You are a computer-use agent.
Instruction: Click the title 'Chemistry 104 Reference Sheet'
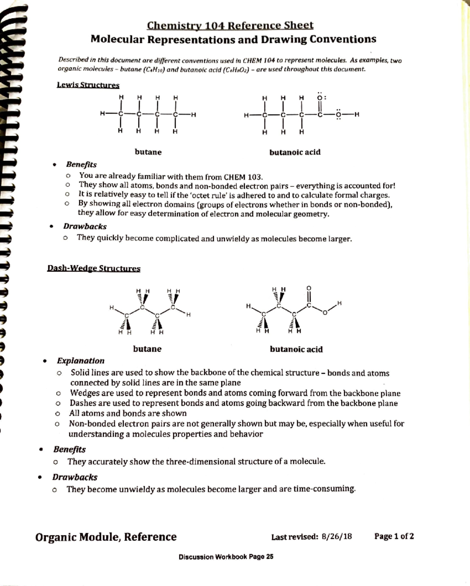230,26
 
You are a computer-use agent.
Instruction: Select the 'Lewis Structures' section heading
88,85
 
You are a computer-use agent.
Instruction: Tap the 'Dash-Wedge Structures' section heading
94,268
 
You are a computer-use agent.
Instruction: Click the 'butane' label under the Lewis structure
148,152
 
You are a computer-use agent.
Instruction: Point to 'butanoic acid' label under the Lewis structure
295,152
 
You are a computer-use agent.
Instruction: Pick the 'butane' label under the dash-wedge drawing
147,349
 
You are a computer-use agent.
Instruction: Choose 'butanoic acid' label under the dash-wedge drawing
296,349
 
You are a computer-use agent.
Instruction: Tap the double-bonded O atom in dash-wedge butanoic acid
309,288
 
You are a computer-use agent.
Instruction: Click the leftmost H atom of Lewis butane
102,114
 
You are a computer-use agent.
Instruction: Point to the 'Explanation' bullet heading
81,361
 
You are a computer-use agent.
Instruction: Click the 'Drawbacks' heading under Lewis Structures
85,226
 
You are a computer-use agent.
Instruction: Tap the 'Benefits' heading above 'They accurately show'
69,449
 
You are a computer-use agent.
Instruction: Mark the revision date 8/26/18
336,536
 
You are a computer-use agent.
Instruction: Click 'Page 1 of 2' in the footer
394,536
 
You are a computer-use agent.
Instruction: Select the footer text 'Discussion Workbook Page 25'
226,557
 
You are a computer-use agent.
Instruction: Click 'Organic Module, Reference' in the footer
106,537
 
